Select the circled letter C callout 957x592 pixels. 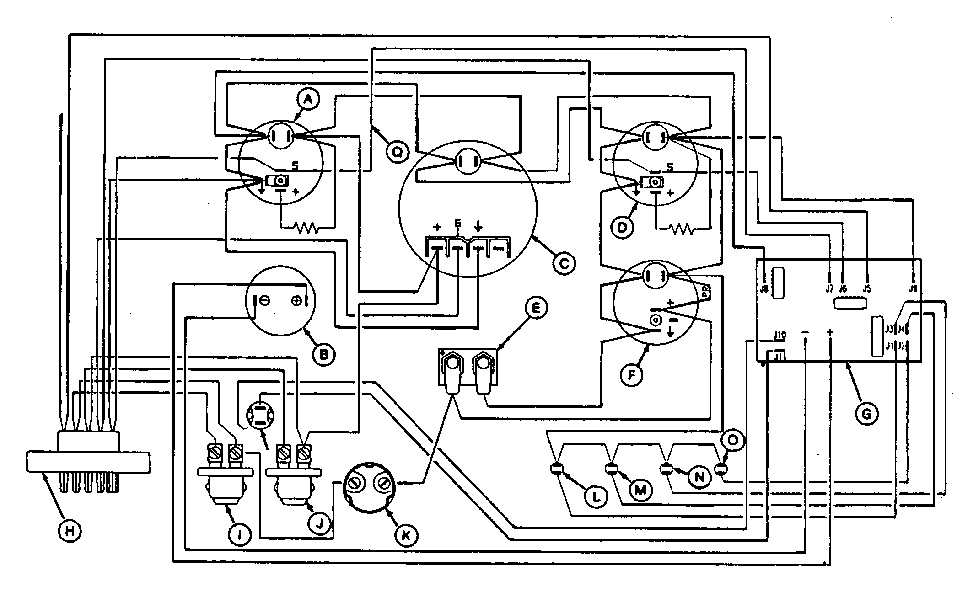point(564,263)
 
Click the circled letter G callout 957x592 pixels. point(866,414)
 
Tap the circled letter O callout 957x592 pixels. point(732,440)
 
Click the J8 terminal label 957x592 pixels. point(763,289)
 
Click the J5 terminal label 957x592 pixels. point(866,289)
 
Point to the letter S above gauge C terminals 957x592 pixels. point(457,223)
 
